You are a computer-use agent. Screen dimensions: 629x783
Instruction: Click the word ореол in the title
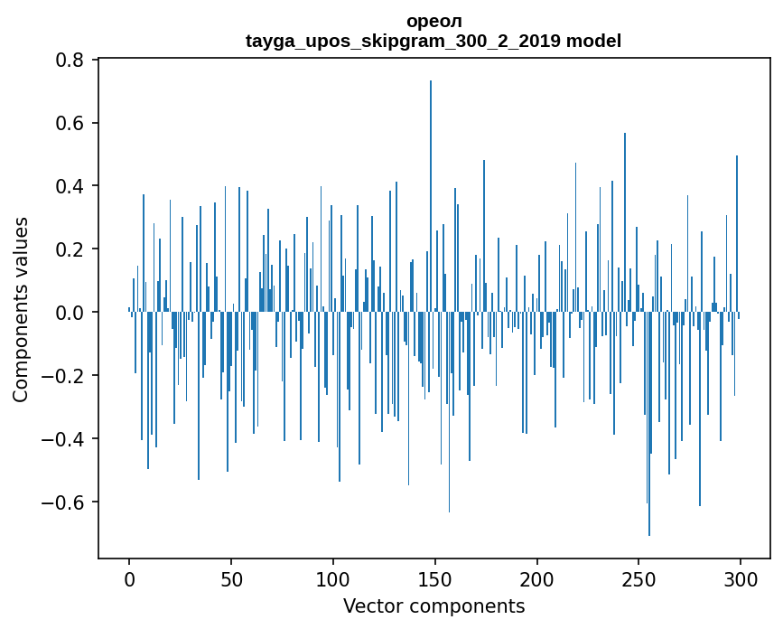pos(433,21)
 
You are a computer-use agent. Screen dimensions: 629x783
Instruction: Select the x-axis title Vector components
pos(433,606)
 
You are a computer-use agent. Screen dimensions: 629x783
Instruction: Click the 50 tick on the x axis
pos(231,577)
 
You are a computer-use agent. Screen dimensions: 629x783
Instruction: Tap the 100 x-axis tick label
pos(333,577)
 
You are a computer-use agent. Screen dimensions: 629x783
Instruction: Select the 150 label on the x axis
pos(435,577)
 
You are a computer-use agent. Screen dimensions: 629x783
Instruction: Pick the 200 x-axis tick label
pos(537,577)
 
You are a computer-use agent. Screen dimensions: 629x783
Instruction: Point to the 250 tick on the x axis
pos(639,577)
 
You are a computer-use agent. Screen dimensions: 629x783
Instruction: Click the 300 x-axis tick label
pos(741,577)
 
